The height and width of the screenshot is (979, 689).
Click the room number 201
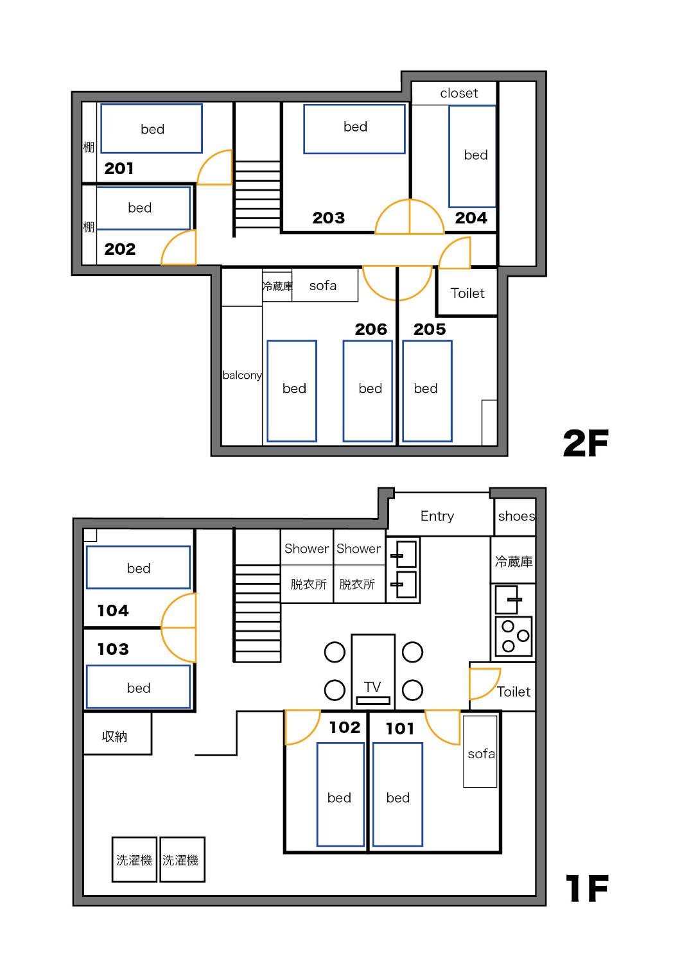click(119, 168)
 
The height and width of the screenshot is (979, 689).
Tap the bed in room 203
click(354, 129)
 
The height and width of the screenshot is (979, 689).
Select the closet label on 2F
click(458, 93)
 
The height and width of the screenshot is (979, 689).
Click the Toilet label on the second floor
click(467, 293)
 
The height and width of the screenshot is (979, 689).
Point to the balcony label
click(242, 375)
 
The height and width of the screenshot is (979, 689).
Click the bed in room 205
click(427, 391)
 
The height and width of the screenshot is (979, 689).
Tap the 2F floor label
click(586, 443)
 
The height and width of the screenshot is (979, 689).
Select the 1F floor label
click(586, 888)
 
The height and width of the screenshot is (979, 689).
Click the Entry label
click(437, 515)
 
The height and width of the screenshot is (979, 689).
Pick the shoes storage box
click(514, 517)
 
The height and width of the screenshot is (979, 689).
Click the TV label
click(372, 687)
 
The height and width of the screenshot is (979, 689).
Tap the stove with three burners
click(514, 636)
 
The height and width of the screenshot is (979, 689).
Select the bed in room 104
click(138, 567)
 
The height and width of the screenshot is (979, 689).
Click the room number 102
click(344, 728)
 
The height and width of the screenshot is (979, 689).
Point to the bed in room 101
click(397, 795)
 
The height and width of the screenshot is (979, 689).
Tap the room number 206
click(371, 329)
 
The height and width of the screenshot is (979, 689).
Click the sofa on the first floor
click(480, 752)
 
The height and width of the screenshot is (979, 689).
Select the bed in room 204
click(472, 156)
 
